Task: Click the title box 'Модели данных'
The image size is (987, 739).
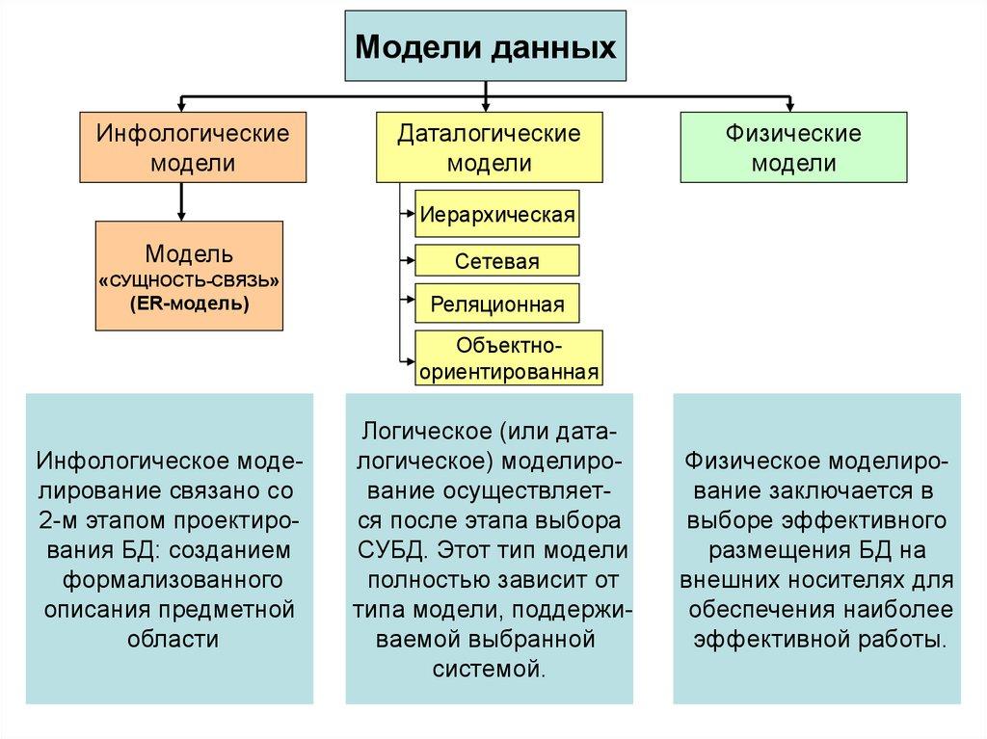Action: click(487, 46)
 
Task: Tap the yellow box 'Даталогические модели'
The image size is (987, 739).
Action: click(489, 146)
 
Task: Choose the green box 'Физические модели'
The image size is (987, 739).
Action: click(793, 146)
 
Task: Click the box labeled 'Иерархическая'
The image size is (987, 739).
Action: click(497, 213)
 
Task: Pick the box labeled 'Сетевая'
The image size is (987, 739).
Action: click(497, 261)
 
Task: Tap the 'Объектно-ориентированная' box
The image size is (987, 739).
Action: click(509, 357)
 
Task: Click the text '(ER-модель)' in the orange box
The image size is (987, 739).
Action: click(189, 304)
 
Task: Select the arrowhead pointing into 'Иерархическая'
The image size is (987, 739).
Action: click(409, 214)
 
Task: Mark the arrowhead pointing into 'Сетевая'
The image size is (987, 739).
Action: click(409, 261)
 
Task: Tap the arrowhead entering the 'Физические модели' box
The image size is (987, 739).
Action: click(790, 105)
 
